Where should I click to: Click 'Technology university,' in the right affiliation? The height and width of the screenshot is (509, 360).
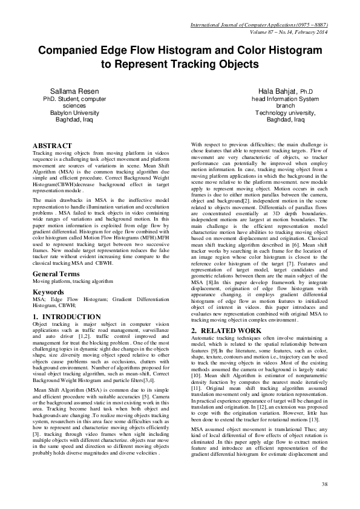tap(277, 112)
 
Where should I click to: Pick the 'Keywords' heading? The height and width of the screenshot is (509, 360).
tap(48, 274)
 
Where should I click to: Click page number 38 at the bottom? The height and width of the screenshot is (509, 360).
tap(324, 484)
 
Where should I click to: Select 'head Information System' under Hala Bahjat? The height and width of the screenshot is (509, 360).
tap(277, 98)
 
